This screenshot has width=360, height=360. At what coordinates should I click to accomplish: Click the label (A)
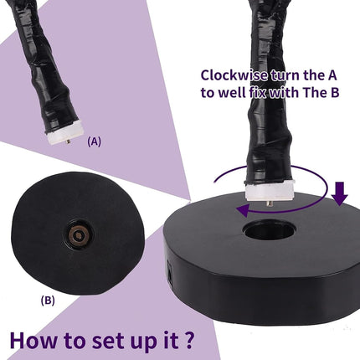[x=94, y=141]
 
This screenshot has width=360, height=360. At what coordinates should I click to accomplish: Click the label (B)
[x=48, y=301]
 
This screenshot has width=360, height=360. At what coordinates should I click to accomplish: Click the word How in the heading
[x=33, y=340]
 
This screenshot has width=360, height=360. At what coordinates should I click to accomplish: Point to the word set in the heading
[x=105, y=341]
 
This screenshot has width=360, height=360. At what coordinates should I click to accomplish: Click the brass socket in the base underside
[x=79, y=236]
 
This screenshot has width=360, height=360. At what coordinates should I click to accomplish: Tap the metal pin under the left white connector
[x=68, y=141]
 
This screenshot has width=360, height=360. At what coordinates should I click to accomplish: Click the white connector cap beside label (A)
[x=64, y=135]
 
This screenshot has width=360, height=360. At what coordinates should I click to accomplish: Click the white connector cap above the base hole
[x=270, y=191]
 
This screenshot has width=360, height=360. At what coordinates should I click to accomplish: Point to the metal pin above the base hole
[x=270, y=203]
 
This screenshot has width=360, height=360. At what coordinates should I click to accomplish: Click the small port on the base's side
[x=169, y=270]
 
